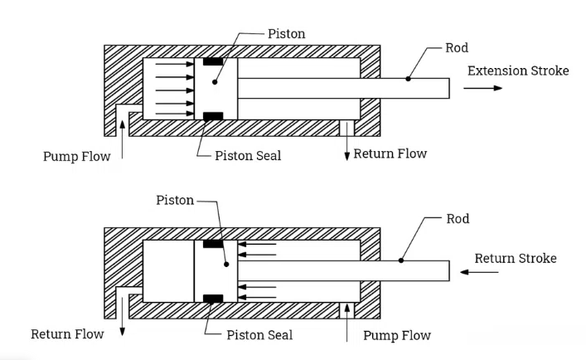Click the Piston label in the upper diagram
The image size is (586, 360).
click(x=287, y=34)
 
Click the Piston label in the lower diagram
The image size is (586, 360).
click(x=175, y=201)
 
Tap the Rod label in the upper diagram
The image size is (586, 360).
click(x=457, y=48)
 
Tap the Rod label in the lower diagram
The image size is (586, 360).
click(x=458, y=219)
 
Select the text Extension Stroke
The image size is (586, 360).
click(x=518, y=71)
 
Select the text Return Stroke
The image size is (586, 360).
click(x=515, y=258)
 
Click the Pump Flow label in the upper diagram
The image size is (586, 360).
click(x=77, y=156)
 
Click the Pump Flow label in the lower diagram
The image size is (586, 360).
click(x=398, y=335)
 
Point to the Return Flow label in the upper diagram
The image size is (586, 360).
click(x=390, y=153)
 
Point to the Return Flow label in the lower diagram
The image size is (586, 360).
click(x=68, y=334)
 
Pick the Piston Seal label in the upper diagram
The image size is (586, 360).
click(x=248, y=156)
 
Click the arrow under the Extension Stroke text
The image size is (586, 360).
click(x=487, y=88)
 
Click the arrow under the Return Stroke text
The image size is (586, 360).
click(x=492, y=275)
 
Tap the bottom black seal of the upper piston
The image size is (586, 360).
click(x=214, y=115)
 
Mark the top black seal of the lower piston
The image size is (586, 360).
click(x=214, y=244)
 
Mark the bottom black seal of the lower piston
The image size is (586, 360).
click(x=214, y=298)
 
